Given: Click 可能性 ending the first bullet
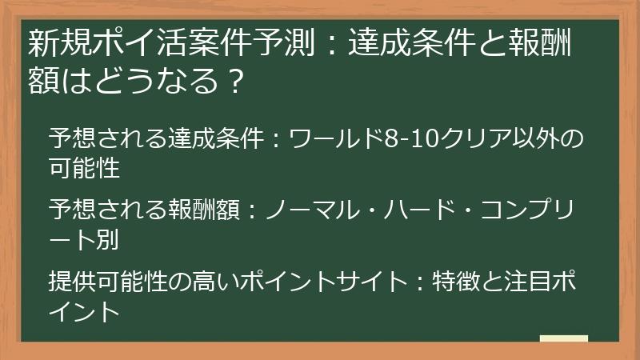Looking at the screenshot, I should click(x=84, y=169).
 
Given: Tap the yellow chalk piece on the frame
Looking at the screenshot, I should click(x=563, y=339).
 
